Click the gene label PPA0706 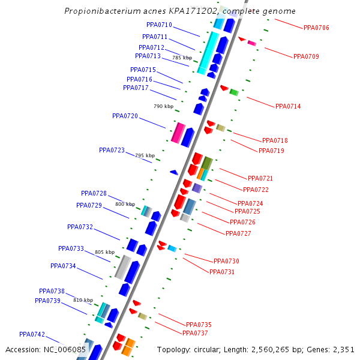click(x=316, y=28)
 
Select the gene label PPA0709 click(x=306, y=56)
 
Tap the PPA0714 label click(x=288, y=106)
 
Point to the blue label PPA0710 click(x=159, y=25)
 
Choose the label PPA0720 click(x=125, y=116)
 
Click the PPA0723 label click(x=112, y=150)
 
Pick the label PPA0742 click(x=32, y=334)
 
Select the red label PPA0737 click(x=195, y=333)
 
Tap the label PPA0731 click(x=222, y=272)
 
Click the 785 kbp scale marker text click(x=182, y=58)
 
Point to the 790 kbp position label click(x=163, y=106)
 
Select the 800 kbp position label click(x=125, y=204)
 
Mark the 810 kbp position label click(x=83, y=300)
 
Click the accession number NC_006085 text click(x=65, y=349)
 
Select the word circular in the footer click(x=213, y=349)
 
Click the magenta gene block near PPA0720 click(x=178, y=133)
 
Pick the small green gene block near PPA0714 click(x=234, y=92)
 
